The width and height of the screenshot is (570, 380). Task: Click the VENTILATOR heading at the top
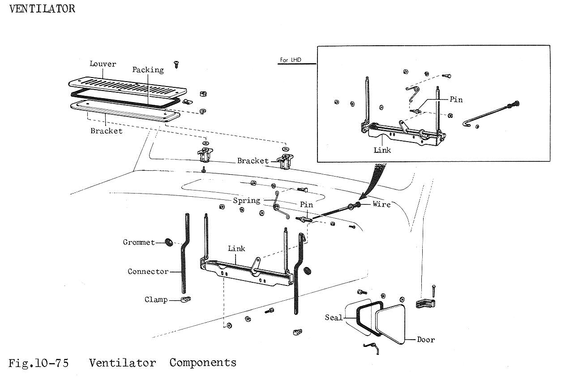pyautogui.click(x=42, y=9)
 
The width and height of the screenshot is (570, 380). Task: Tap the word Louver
pyautogui.click(x=103, y=64)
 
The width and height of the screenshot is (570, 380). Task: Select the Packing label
pyautogui.click(x=148, y=70)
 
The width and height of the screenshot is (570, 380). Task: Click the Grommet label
pyautogui.click(x=139, y=242)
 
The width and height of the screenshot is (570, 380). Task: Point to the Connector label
pyautogui.click(x=148, y=272)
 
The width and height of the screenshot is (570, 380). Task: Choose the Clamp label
pyautogui.click(x=156, y=300)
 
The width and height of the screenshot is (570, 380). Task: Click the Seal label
pyautogui.click(x=334, y=318)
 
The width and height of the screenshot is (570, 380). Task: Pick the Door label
pyautogui.click(x=426, y=340)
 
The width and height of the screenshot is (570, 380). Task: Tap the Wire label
pyautogui.click(x=381, y=204)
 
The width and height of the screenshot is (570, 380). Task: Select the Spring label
pyautogui.click(x=246, y=200)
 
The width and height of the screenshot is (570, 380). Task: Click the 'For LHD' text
pyautogui.click(x=291, y=60)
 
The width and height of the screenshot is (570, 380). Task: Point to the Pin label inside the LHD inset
pyautogui.click(x=456, y=99)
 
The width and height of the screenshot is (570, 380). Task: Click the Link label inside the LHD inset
pyautogui.click(x=382, y=150)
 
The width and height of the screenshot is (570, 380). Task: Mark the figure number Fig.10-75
pyautogui.click(x=39, y=363)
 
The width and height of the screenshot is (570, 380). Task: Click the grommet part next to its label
pyautogui.click(x=169, y=242)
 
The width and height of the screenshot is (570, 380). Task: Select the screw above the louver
pyautogui.click(x=177, y=64)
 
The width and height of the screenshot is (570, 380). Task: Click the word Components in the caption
pyautogui.click(x=202, y=363)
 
